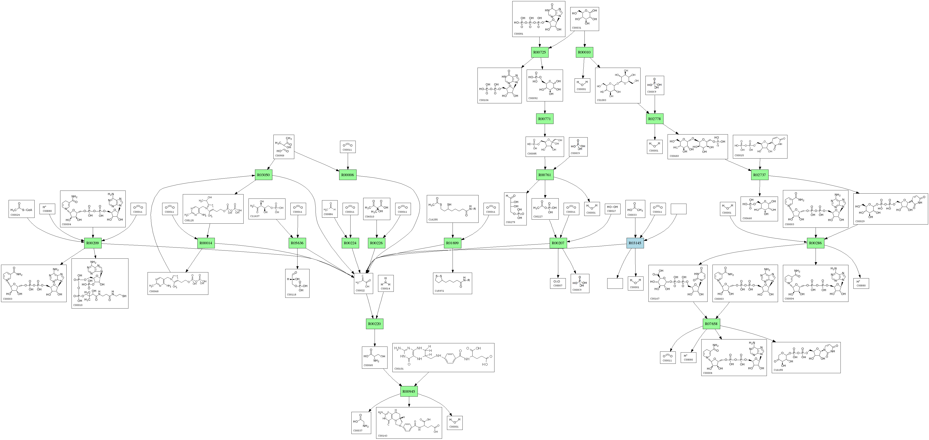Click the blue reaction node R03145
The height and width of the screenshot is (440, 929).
pyautogui.click(x=635, y=243)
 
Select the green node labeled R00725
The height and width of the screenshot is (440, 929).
pyautogui.click(x=540, y=52)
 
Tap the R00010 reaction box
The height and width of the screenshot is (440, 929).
pyautogui.click(x=584, y=52)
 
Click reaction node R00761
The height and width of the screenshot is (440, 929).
pyautogui.click(x=545, y=175)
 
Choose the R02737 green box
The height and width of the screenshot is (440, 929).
pyautogui.click(x=760, y=175)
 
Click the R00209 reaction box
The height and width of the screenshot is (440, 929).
pyautogui.click(x=93, y=243)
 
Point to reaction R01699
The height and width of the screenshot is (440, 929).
pyautogui.click(x=452, y=243)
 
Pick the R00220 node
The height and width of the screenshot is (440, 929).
pyautogui.click(x=375, y=324)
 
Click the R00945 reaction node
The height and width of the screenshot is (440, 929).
pyautogui.click(x=409, y=391)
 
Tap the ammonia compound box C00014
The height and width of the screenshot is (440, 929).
pyautogui.click(x=386, y=283)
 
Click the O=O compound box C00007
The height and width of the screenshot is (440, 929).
pyautogui.click(x=558, y=283)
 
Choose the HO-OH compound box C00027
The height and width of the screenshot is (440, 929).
pyautogui.click(x=612, y=209)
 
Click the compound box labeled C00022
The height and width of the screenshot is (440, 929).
pyautogui.click(x=363, y=283)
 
